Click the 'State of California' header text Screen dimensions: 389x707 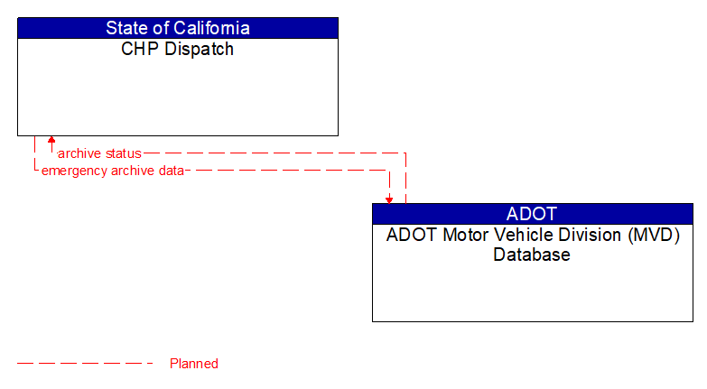pos(177,28)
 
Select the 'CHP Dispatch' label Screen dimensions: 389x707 pos(177,50)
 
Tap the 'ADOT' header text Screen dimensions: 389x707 pos(532,214)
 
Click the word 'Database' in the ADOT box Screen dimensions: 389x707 pos(532,255)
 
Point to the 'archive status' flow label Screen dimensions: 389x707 pos(99,153)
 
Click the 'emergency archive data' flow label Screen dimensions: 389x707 pos(112,170)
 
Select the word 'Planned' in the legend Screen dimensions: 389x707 pos(194,364)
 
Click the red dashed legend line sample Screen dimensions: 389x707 pos(85,364)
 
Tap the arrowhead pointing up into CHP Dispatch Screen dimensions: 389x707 pos(51,141)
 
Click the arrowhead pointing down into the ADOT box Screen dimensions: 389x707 pos(389,199)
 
